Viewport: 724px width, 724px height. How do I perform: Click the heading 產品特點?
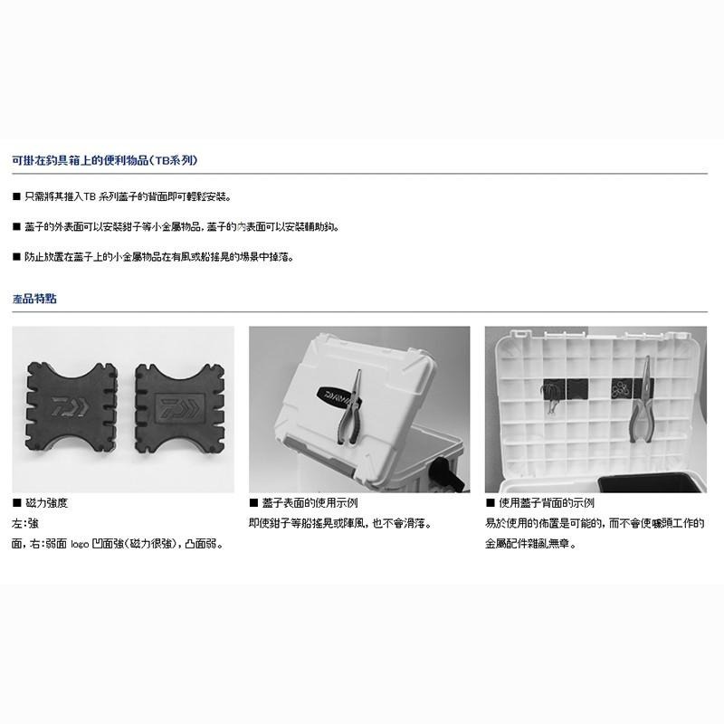point(34,298)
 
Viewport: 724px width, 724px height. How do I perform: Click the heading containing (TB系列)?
point(104,159)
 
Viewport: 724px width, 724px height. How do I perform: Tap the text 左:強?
point(26,524)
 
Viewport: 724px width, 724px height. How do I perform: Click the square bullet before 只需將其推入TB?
point(16,196)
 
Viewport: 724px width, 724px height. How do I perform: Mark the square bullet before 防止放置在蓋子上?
point(16,257)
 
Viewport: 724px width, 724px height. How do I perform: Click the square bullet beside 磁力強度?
point(16,503)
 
